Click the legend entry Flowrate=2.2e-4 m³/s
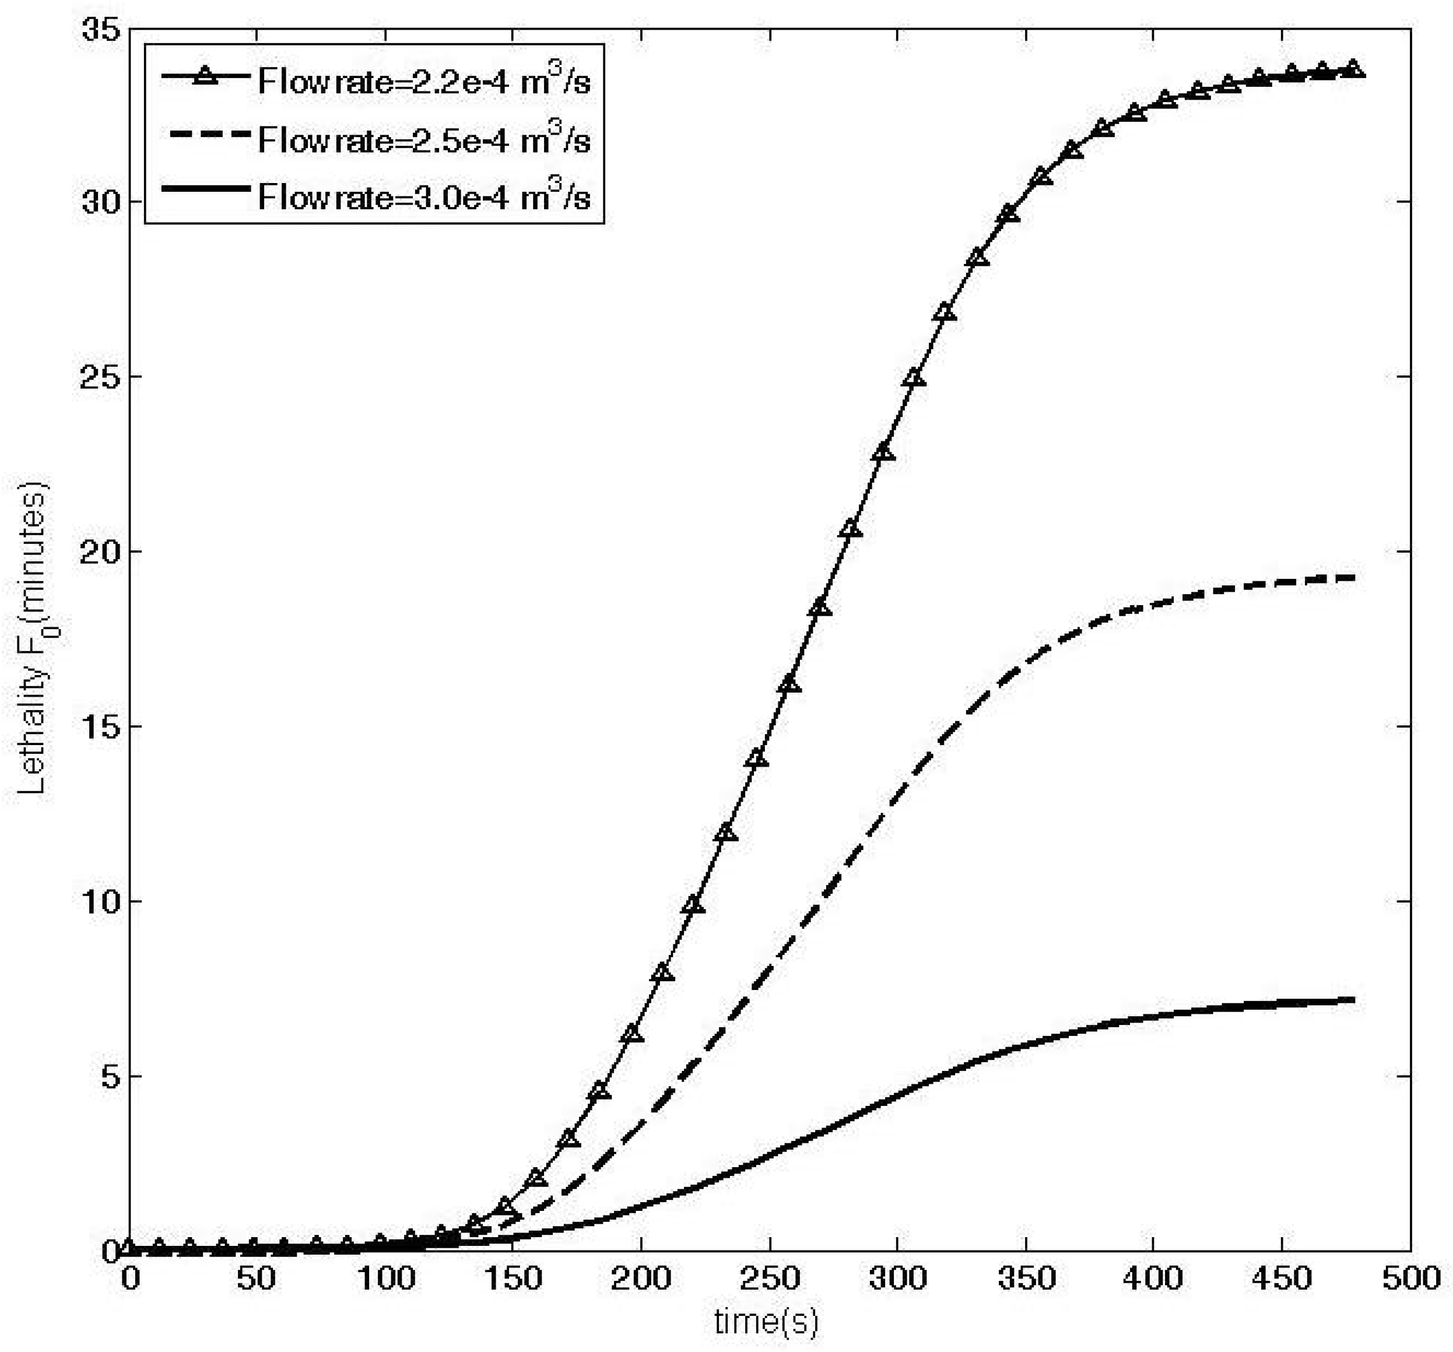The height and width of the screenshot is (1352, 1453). (424, 81)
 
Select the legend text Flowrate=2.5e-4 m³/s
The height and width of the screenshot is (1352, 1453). (424, 139)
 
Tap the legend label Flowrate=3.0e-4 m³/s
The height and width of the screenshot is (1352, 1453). (424, 197)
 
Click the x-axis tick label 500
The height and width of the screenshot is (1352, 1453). (1409, 1278)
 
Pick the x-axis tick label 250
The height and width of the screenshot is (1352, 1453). (769, 1278)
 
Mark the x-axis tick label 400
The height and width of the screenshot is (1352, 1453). (1153, 1278)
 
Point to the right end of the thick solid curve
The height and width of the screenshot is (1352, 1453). (1354, 1000)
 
